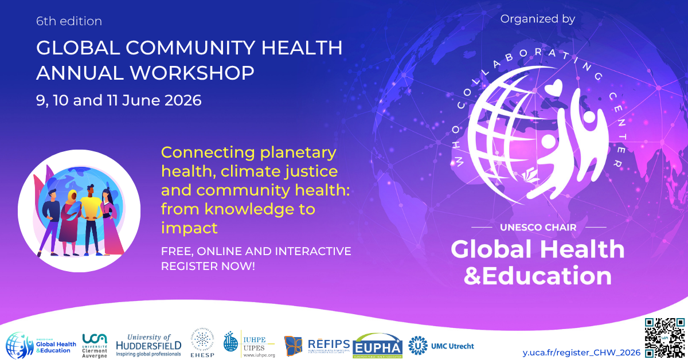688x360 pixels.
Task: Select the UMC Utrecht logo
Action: point(441,346)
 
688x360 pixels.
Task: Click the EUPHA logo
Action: point(377,346)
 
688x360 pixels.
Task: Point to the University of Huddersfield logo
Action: point(148,345)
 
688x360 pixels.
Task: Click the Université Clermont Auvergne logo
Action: point(95,346)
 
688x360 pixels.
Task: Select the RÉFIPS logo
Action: point(317,346)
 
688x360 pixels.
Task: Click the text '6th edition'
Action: point(69,22)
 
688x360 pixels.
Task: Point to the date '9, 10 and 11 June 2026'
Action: point(119,100)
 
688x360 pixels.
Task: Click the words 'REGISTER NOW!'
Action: point(208,266)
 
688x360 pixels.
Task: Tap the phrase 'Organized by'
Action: point(537,19)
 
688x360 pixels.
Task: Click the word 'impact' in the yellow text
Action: point(189,228)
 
